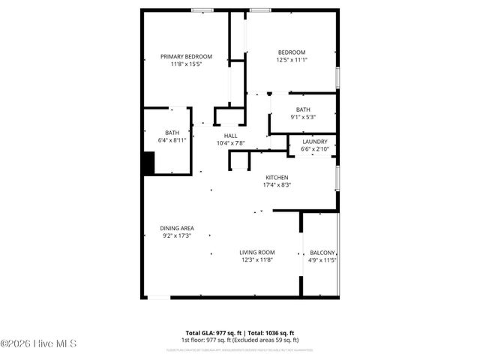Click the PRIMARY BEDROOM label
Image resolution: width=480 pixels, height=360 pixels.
(x=186, y=56)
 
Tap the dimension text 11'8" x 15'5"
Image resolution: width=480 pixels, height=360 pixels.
(x=186, y=64)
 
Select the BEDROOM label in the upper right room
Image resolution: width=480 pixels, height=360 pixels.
(x=292, y=52)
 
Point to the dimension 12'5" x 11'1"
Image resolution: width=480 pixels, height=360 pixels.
(x=292, y=60)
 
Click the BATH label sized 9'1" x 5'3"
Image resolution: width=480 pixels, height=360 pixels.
(x=302, y=109)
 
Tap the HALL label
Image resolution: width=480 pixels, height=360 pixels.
(x=230, y=136)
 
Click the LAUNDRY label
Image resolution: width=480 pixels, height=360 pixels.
(x=314, y=141)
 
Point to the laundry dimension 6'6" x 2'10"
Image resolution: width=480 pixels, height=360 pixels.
(x=314, y=148)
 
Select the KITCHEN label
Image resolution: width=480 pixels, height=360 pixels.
(x=277, y=178)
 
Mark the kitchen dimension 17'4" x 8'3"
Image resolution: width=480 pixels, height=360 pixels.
(x=277, y=185)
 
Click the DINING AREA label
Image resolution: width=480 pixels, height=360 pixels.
(x=177, y=228)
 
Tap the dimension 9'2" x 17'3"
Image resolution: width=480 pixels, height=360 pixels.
(x=177, y=235)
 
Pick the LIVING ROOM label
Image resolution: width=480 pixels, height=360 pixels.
(x=256, y=253)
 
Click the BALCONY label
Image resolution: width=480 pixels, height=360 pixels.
(x=322, y=253)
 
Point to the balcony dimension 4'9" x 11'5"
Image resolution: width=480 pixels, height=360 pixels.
(x=322, y=260)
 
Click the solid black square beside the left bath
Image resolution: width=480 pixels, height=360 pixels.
(x=148, y=163)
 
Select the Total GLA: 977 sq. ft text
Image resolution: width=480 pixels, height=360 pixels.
(x=211, y=332)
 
